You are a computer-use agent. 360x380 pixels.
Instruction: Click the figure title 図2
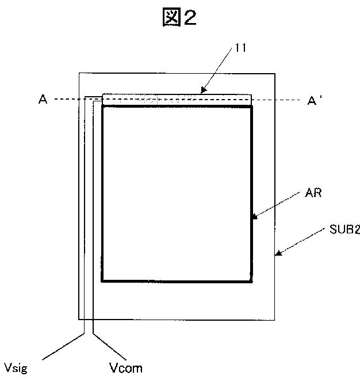pyautogui.click(x=179, y=18)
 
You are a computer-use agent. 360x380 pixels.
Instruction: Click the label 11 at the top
pyautogui.click(x=240, y=48)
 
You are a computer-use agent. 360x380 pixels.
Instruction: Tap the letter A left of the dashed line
pyautogui.click(x=43, y=100)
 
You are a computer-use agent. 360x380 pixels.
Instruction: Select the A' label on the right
pyautogui.click(x=315, y=101)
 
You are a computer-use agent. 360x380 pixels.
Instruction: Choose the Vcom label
pyautogui.click(x=125, y=367)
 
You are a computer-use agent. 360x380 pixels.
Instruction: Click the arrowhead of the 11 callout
pyautogui.click(x=202, y=91)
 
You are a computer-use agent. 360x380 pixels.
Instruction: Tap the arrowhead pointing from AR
pyautogui.click(x=254, y=217)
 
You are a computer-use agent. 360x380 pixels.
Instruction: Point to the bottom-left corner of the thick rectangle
pyautogui.click(x=102, y=281)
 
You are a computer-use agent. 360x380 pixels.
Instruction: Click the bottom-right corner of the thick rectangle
pyautogui.click(x=251, y=281)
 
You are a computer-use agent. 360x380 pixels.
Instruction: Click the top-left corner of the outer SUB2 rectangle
pyautogui.click(x=79, y=73)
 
